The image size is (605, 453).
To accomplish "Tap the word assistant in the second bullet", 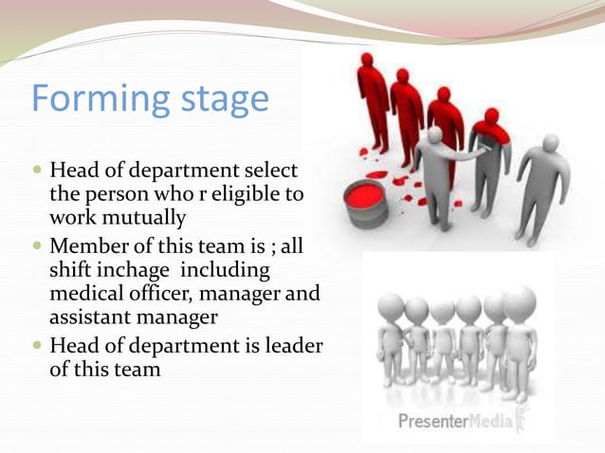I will click(90, 317).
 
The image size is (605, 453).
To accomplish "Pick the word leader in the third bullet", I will click(291, 346).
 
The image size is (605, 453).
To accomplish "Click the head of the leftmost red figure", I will click(366, 62).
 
